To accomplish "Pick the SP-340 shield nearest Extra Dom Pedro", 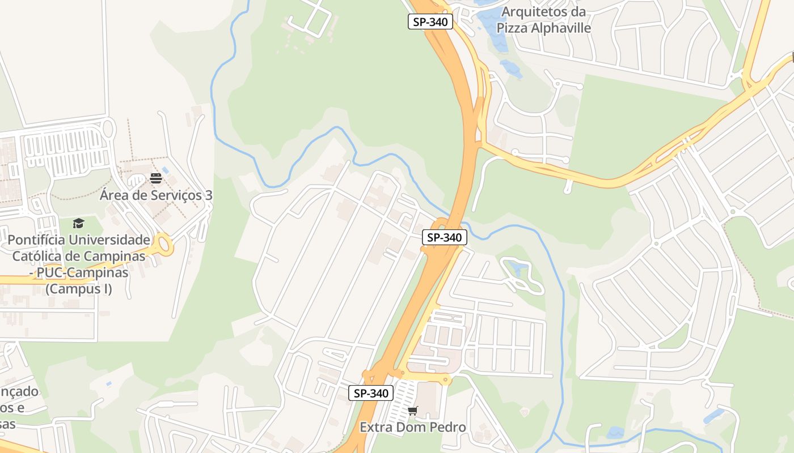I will [x=371, y=393].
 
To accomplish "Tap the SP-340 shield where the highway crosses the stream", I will [x=445, y=237].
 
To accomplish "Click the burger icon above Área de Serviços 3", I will [x=156, y=178].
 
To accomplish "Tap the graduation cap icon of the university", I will [x=78, y=223].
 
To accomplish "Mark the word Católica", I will [x=37, y=256].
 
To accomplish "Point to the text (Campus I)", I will [x=79, y=289].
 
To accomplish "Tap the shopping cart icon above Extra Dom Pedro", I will [x=412, y=411].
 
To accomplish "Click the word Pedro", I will [x=447, y=427].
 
